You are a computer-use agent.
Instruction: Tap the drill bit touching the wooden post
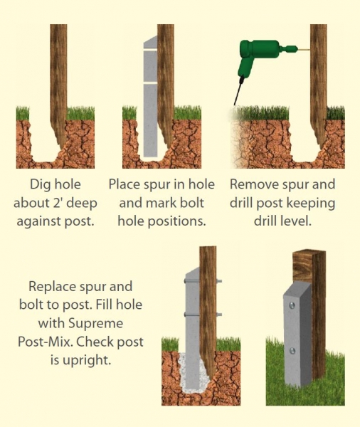(303, 50)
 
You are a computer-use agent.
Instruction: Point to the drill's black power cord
(238, 90)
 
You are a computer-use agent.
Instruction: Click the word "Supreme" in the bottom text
(96, 324)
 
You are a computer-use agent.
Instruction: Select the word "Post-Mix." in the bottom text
(46, 342)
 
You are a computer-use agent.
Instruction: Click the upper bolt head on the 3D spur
(292, 305)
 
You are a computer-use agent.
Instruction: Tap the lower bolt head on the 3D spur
(292, 351)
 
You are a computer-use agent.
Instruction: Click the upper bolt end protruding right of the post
(219, 281)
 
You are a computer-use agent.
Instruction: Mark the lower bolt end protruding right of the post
(219, 315)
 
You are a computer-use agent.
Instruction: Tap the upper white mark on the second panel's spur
(151, 51)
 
